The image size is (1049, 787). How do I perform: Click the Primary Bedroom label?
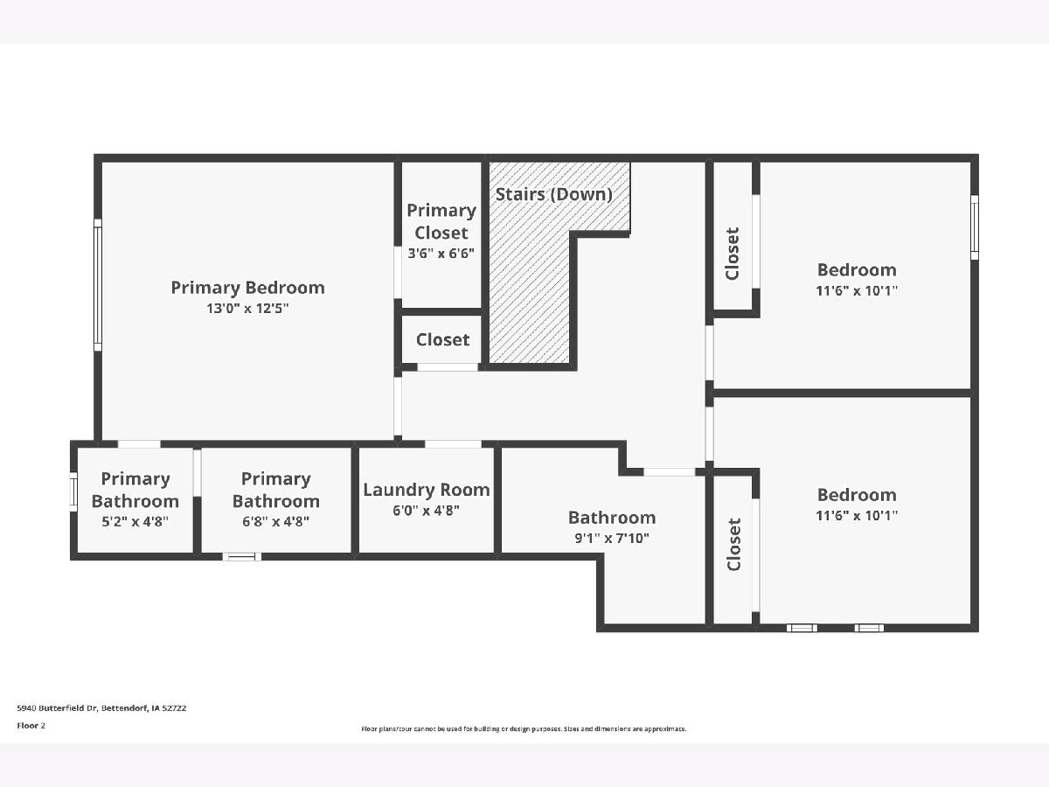pyautogui.click(x=247, y=289)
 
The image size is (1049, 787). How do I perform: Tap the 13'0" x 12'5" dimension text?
pyautogui.click(x=247, y=309)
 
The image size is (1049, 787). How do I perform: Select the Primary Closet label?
pyautogui.click(x=441, y=221)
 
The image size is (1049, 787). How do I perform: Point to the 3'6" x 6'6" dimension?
pyautogui.click(x=441, y=254)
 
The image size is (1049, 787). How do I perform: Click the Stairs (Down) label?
pyautogui.click(x=554, y=194)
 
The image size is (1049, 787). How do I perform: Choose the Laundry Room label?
pyautogui.click(x=427, y=490)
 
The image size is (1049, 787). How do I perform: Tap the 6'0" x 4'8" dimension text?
pyautogui.click(x=426, y=511)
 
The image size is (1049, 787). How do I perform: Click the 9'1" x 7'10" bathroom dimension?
pyautogui.click(x=612, y=539)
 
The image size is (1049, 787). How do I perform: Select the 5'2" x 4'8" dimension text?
pyautogui.click(x=135, y=521)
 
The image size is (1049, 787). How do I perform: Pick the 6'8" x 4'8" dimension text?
pyautogui.click(x=275, y=521)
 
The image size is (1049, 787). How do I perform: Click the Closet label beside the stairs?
pyautogui.click(x=442, y=340)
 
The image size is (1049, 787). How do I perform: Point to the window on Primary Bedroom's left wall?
pyautogui.click(x=98, y=285)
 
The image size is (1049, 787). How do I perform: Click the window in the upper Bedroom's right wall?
pyautogui.click(x=975, y=227)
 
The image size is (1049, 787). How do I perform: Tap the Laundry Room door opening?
pyautogui.click(x=453, y=444)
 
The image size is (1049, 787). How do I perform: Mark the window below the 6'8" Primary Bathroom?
pyautogui.click(x=242, y=557)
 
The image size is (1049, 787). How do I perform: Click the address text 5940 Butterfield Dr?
pyautogui.click(x=58, y=708)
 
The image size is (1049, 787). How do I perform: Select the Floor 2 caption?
pyautogui.click(x=31, y=726)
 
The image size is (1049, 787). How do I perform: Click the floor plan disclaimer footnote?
pyautogui.click(x=524, y=728)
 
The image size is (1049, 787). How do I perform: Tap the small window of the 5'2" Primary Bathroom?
pyautogui.click(x=73, y=491)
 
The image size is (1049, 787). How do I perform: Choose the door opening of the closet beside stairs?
pyautogui.click(x=448, y=367)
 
